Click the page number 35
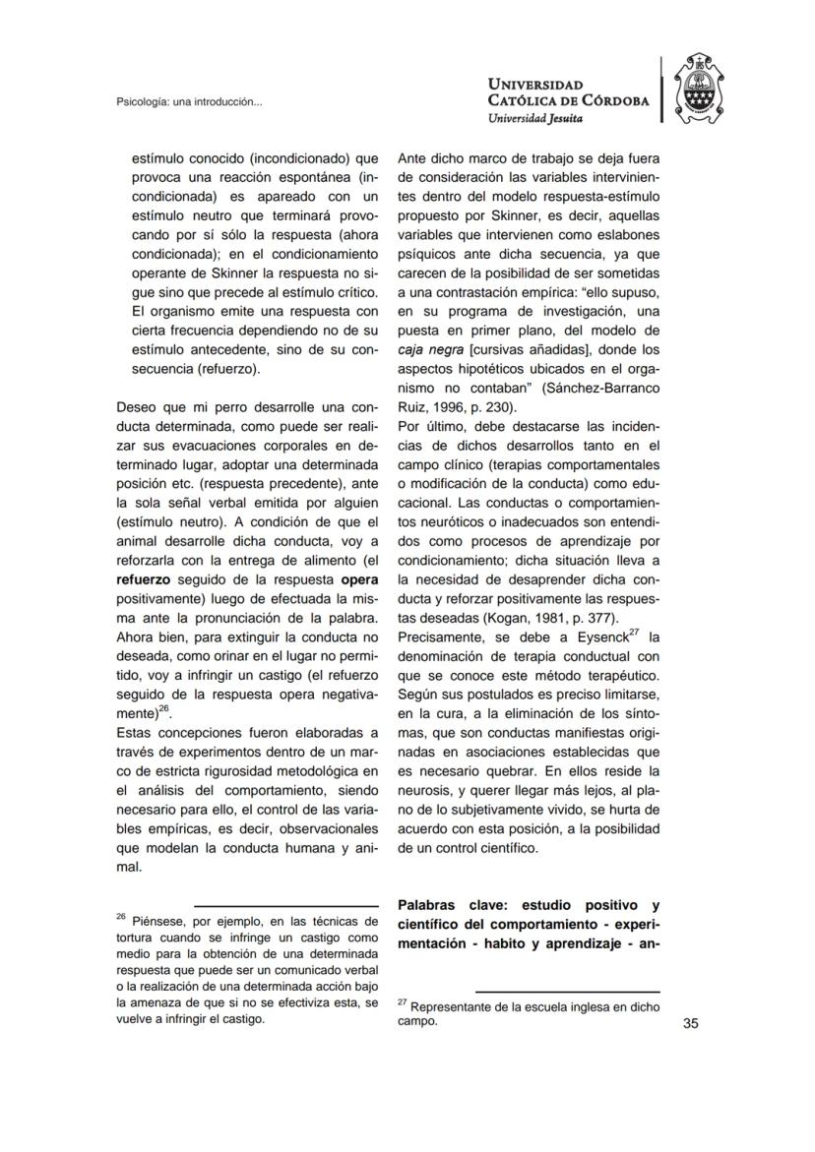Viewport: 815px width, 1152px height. [690, 1024]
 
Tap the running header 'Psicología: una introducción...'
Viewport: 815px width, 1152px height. [188, 101]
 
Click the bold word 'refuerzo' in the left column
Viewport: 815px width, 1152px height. [144, 580]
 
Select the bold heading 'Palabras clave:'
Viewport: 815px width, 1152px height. [452, 904]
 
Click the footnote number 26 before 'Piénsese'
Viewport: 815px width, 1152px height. [121, 917]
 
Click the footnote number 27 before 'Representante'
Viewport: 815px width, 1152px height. [402, 1002]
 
